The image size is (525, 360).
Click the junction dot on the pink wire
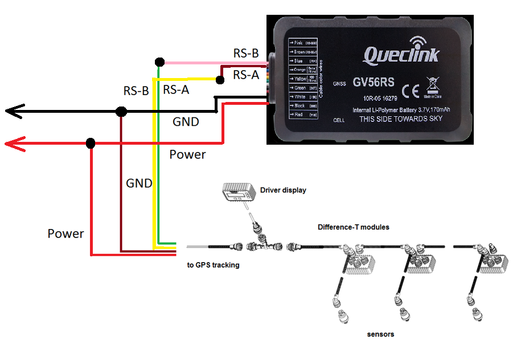click(x=160, y=62)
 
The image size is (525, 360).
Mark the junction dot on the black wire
click(x=121, y=112)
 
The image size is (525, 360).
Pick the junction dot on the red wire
click(x=91, y=143)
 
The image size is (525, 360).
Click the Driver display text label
click(x=283, y=190)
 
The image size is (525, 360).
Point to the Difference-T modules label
click(x=353, y=227)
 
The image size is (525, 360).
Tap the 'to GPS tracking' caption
click(x=213, y=265)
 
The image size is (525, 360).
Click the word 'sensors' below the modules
click(x=380, y=334)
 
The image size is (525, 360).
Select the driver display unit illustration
click(x=238, y=194)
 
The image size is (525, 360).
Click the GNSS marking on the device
click(x=339, y=83)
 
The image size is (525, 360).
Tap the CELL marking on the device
click(x=340, y=120)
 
